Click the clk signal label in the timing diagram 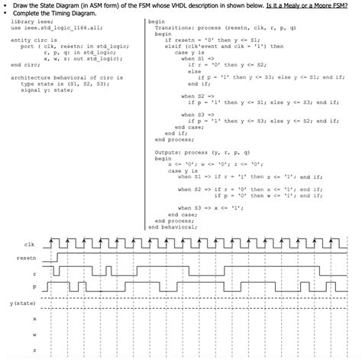click(x=30, y=245)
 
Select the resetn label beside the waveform click(x=25, y=259)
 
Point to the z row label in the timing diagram click(x=34, y=350)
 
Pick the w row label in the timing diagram click(x=34, y=334)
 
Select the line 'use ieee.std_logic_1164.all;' click(x=51, y=28)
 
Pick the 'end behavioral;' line click(x=172, y=227)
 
